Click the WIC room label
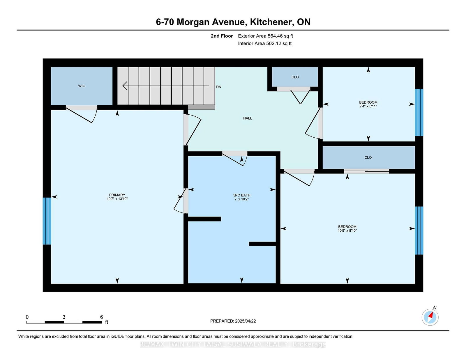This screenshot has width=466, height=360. [x=82, y=86]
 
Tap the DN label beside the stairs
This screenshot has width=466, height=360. [x=219, y=87]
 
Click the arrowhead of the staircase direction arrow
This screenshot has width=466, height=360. [x=125, y=86]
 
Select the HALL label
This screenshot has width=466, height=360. [x=248, y=118]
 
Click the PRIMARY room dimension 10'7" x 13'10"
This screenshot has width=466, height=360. [x=117, y=199]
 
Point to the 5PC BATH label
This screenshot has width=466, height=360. [x=242, y=195]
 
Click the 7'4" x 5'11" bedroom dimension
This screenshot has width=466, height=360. [x=368, y=106]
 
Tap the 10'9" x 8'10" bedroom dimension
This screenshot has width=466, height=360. [x=347, y=230]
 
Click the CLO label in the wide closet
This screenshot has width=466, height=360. [x=368, y=157]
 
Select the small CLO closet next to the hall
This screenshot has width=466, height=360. [x=295, y=77]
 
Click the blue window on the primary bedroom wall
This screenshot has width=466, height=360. [x=47, y=221]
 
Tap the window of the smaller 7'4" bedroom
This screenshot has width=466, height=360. [x=419, y=112]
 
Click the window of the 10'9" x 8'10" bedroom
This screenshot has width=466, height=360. [x=419, y=230]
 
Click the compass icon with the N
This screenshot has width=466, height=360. [x=430, y=317]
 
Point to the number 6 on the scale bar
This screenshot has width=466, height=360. [x=101, y=317]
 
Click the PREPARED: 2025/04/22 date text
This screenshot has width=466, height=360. [x=233, y=321]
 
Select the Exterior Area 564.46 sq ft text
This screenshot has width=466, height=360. [x=265, y=36]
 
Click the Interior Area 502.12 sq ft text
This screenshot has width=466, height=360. [x=265, y=43]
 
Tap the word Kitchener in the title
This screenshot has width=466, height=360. [x=271, y=22]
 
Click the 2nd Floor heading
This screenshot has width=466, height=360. [x=222, y=36]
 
